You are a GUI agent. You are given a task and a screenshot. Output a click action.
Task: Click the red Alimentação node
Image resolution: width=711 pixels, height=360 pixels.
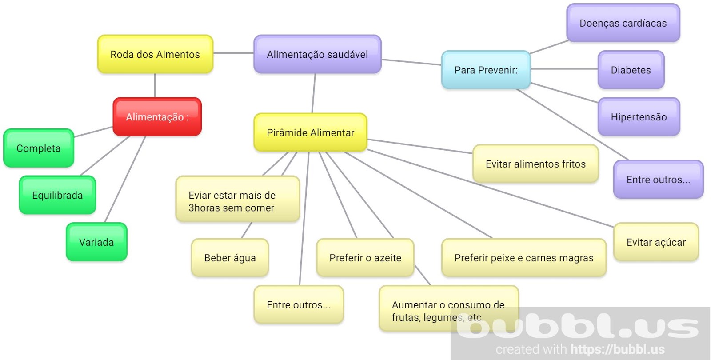(x=157, y=117)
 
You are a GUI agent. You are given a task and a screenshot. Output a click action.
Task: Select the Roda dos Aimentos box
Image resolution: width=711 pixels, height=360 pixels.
(x=155, y=54)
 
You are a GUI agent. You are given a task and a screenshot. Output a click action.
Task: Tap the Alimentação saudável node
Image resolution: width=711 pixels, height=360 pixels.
(x=317, y=54)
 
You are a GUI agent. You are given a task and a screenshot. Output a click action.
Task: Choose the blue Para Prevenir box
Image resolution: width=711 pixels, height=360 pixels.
(x=486, y=70)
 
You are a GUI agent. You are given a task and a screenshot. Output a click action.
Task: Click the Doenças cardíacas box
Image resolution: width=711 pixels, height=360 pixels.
(x=623, y=23)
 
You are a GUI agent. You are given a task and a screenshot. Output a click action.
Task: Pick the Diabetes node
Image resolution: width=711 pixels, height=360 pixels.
(x=631, y=70)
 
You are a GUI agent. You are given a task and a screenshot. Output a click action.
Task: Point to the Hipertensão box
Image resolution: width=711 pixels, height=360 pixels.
(x=639, y=117)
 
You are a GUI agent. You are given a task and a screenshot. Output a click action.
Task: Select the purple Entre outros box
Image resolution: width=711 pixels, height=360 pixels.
(x=658, y=180)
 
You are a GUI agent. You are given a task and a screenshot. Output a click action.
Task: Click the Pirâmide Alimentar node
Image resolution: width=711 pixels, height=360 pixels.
(x=310, y=132)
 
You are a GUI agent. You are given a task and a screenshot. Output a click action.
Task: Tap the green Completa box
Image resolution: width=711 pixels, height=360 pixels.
(x=39, y=148)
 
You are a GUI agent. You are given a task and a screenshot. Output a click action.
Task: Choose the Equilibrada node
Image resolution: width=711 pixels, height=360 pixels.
(x=57, y=195)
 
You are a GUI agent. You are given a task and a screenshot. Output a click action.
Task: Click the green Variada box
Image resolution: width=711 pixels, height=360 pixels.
(x=96, y=242)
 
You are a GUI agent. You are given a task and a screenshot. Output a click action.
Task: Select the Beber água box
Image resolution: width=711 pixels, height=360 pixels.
(x=230, y=258)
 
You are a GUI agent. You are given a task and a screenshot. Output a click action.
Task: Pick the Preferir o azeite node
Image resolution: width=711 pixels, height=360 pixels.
(x=365, y=258)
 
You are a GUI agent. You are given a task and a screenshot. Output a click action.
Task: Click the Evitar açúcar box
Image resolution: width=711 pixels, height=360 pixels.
(x=656, y=242)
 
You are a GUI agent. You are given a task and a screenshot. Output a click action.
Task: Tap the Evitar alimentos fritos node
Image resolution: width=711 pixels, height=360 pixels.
(x=535, y=164)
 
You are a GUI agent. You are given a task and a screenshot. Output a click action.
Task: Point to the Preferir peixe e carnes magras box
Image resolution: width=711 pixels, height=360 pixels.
(x=523, y=258)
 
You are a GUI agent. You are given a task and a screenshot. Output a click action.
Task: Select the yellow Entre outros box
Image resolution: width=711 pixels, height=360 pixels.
(x=299, y=305)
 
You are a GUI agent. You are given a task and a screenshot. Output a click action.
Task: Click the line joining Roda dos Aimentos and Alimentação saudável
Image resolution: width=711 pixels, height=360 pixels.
(x=233, y=53)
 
